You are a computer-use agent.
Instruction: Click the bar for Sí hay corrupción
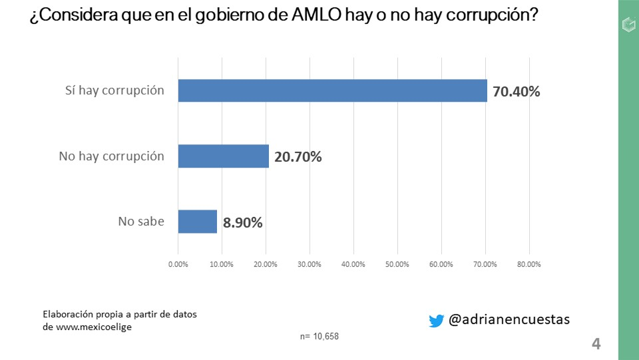(x=332, y=90)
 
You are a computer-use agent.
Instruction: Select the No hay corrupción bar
(x=223, y=156)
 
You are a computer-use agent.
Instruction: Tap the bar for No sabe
(x=198, y=222)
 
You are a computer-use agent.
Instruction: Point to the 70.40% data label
(x=517, y=91)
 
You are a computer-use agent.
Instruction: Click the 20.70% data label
(x=298, y=157)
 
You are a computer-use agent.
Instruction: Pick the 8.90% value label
(x=243, y=222)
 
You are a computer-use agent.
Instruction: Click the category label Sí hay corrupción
(x=115, y=90)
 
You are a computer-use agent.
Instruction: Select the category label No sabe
(x=141, y=222)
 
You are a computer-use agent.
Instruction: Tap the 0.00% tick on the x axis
(x=178, y=264)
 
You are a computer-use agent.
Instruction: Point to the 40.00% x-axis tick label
(x=353, y=264)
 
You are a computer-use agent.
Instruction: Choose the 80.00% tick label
(x=529, y=264)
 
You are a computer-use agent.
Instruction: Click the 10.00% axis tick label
(x=222, y=264)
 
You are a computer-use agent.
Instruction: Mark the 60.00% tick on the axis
(x=441, y=264)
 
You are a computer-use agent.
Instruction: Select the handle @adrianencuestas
(x=509, y=320)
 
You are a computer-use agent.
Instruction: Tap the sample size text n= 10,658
(x=319, y=336)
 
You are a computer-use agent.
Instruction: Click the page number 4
(x=596, y=344)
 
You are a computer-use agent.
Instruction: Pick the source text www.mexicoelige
(x=98, y=327)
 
